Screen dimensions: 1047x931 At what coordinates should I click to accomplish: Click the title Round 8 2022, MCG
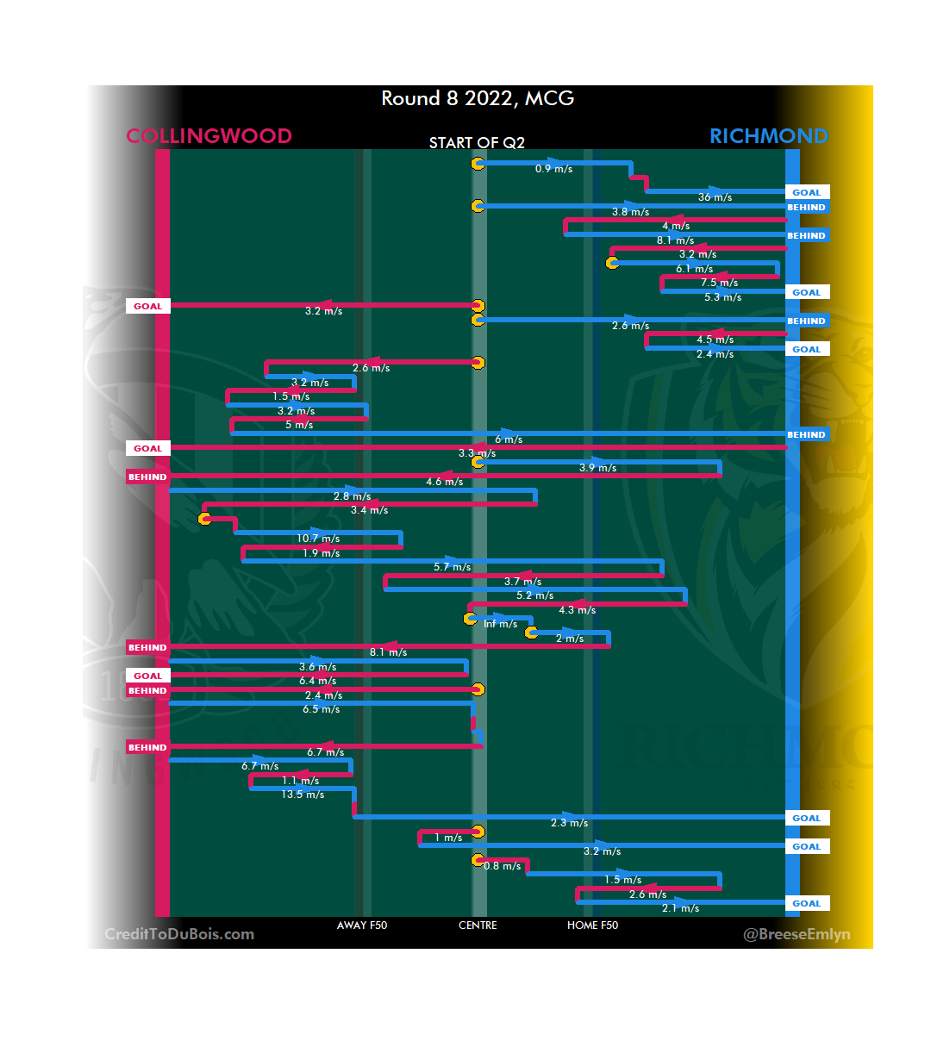point(478,98)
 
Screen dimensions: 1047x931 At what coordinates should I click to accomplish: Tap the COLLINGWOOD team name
point(209,136)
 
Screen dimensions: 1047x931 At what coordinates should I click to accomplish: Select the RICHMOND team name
point(768,136)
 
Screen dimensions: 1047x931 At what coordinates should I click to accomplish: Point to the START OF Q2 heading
point(477,143)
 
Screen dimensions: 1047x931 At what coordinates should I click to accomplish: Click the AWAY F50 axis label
point(362,925)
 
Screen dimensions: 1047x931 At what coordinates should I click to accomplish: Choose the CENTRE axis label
point(478,925)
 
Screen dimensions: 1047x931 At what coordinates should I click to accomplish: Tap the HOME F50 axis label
point(592,925)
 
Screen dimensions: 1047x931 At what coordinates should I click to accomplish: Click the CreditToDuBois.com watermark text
point(179,934)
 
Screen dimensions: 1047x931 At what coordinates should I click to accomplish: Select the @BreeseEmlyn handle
point(797,934)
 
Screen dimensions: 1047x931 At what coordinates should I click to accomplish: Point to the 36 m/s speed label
point(715,197)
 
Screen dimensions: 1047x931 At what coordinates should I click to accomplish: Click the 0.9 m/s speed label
point(553,169)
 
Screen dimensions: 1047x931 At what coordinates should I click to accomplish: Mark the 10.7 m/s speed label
point(318,539)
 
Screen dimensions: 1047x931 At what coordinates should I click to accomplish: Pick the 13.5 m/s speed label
point(303,795)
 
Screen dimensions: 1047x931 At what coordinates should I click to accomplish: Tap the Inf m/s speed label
point(500,624)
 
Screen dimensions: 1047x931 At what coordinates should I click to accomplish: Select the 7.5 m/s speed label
point(719,283)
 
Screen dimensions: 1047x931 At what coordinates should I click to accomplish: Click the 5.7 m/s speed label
point(452,567)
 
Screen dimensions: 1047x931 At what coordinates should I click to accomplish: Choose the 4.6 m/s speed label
point(444,482)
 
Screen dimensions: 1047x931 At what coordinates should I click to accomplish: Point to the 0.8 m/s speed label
point(502,866)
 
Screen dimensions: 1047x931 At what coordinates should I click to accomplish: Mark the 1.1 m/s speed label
point(300,781)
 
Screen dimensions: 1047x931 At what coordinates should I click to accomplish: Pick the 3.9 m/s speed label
point(597,468)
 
